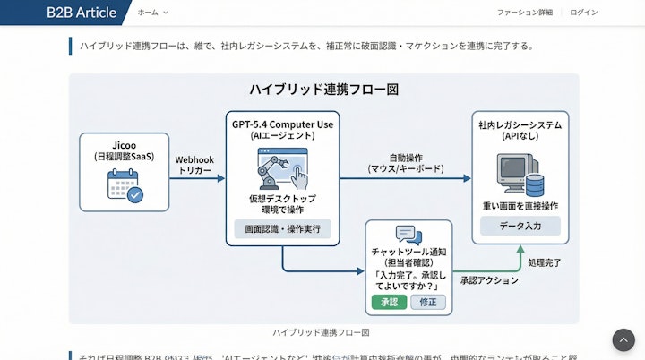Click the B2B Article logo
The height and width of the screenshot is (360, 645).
(81, 13)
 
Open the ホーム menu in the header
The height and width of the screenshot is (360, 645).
(152, 13)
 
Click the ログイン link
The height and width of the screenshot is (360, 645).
(583, 13)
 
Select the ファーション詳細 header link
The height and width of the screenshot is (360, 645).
(525, 13)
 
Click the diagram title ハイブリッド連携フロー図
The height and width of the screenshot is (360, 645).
(323, 90)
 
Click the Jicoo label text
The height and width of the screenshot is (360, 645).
(124, 143)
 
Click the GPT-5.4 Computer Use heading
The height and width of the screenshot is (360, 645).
(282, 124)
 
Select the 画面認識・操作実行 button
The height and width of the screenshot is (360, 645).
(282, 229)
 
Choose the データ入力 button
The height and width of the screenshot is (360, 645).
(520, 226)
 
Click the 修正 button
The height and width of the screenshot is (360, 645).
(427, 303)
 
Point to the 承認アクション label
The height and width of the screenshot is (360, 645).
(489, 280)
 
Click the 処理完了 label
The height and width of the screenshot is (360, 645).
(545, 263)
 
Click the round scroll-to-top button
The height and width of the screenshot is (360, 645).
(623, 339)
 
